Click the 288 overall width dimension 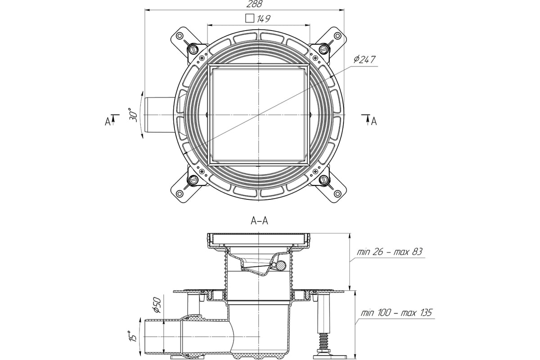tap(254, 4)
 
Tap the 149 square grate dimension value tap(264, 18)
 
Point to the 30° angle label tap(133, 115)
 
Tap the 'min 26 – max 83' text tap(390, 252)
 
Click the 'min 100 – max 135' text tap(396, 313)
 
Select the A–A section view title tap(259, 220)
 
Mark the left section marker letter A tap(108, 122)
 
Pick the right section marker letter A tap(374, 121)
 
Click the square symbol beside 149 tap(250, 18)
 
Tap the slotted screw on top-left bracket tap(193, 50)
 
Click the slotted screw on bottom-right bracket tap(324, 180)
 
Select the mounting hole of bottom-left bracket tap(180, 193)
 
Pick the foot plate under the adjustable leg tap(329, 356)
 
